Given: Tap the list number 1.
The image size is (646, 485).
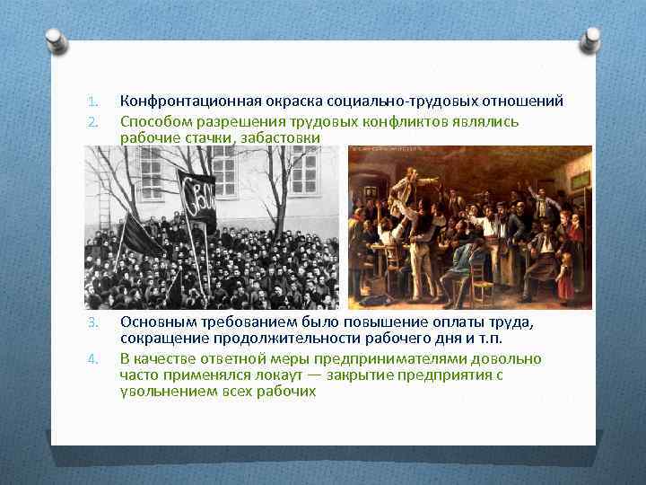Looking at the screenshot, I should tap(92, 101).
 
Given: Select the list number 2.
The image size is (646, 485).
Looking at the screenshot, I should tap(92, 121).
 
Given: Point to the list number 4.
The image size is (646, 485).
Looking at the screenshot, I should tap(92, 359).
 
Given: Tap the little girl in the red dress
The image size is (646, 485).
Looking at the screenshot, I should tap(565, 275).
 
